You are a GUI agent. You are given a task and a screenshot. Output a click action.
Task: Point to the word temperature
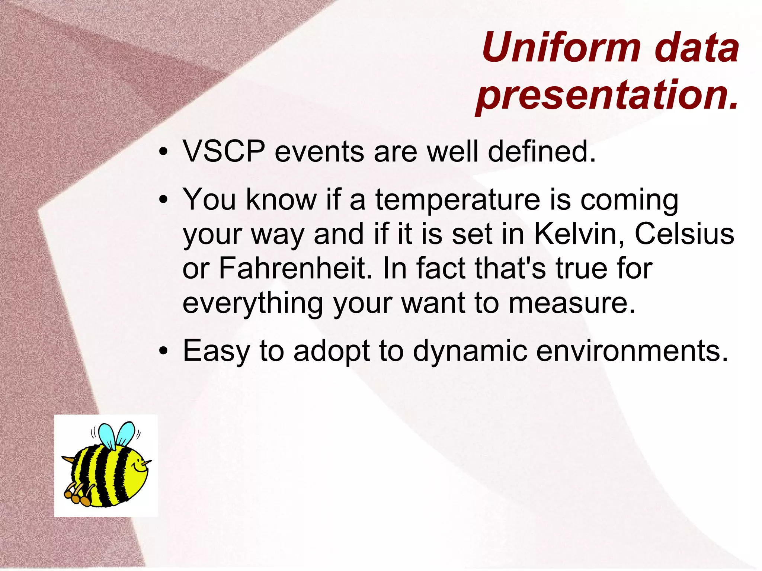pos(457,200)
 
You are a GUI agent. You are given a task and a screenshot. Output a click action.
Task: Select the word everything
pos(253,303)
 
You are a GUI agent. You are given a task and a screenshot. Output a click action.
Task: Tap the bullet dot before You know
pos(163,201)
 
